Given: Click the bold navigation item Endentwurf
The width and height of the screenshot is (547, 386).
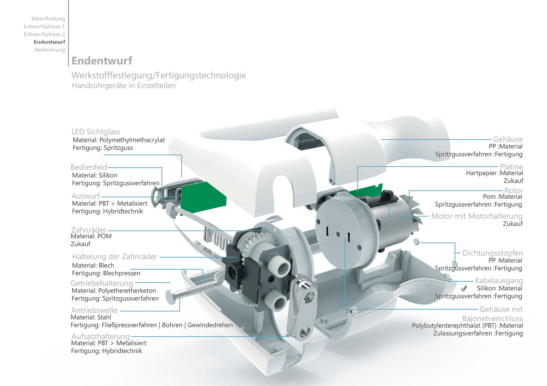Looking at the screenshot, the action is coord(49,42).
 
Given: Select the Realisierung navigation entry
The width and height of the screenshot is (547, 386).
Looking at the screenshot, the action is coord(50,50).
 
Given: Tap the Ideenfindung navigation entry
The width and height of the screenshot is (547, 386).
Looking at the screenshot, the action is coord(48,18).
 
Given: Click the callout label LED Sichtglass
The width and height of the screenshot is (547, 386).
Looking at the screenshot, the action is coord(96,132).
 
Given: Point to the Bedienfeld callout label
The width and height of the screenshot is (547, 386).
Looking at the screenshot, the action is coord(89,167).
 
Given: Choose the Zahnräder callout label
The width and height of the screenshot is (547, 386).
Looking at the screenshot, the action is coord(89,230).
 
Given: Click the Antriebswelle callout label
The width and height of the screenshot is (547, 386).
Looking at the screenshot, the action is coord(94,310).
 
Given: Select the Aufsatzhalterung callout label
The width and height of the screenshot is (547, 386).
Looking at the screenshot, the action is coord(101,336).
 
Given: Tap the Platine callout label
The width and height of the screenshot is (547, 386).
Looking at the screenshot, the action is coord(511,167).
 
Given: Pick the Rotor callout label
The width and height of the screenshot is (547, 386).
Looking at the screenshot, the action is coord(514,190).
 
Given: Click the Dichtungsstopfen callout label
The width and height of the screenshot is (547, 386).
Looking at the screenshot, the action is coord(493,253).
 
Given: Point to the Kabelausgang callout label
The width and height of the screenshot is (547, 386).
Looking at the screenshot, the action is coord(499,280).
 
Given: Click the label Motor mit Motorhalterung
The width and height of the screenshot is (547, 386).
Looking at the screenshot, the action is coord(477,216).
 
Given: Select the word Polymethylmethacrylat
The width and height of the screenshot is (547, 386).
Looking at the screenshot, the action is coord(132,140).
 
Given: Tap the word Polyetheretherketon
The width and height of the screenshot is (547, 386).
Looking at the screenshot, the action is coord(127,291).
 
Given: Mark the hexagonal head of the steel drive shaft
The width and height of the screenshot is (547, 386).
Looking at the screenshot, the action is coord(171,297).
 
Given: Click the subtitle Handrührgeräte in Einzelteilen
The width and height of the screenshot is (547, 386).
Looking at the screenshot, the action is coord(124,86).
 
